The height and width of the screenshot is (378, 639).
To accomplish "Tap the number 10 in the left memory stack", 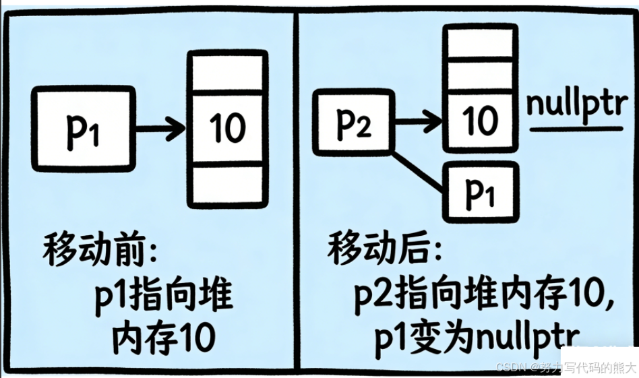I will pyautogui.click(x=227, y=127).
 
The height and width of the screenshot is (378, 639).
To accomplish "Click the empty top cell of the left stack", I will pyautogui.click(x=227, y=72).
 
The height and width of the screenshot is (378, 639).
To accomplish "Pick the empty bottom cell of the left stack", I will pyautogui.click(x=227, y=183).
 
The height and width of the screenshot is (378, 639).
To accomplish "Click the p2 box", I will pyautogui.click(x=353, y=125).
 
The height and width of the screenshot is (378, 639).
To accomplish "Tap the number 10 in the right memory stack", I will pyautogui.click(x=481, y=121).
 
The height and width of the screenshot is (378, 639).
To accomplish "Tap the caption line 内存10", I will pyautogui.click(x=162, y=335).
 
